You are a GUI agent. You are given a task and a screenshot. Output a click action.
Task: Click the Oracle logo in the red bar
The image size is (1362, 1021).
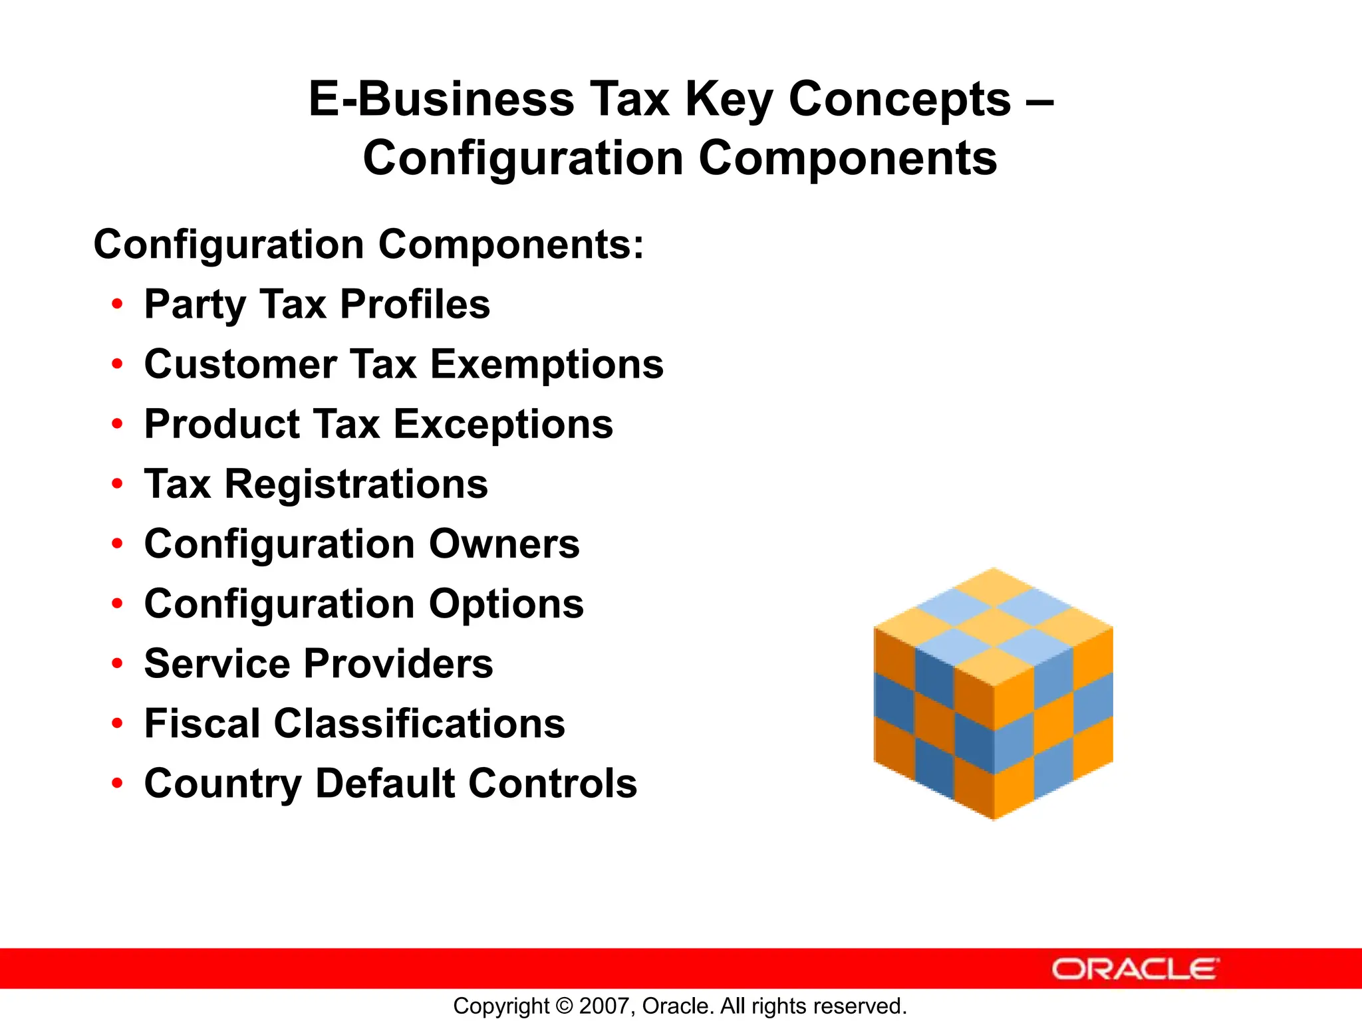[1135, 969]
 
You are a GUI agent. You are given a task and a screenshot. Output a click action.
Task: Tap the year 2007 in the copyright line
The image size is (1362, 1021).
[601, 1006]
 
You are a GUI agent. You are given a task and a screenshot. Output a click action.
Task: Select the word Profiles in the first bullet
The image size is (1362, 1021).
[415, 304]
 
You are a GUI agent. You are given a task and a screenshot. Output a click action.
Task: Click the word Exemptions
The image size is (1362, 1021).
[547, 365]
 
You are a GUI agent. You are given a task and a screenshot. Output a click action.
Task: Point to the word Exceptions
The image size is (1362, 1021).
[503, 425]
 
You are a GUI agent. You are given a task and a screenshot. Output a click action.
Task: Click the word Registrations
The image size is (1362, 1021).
[356, 484]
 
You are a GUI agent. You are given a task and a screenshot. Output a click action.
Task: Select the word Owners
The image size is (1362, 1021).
[504, 544]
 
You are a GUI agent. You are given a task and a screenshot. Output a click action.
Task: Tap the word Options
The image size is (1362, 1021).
[506, 604]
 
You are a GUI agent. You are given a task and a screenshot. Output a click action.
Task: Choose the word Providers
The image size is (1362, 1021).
[399, 664]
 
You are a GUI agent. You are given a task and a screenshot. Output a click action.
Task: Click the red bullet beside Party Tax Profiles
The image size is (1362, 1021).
[118, 304]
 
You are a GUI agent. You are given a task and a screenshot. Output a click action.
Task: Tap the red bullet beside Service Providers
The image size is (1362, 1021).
[118, 663]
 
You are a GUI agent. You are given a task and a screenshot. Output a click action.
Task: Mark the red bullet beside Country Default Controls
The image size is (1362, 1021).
[118, 783]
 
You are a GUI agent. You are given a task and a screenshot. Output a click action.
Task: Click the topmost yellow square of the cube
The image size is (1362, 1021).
[994, 586]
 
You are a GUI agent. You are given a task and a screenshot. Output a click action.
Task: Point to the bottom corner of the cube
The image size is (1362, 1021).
[994, 816]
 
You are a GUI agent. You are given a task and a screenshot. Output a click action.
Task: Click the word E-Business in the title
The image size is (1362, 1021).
[441, 100]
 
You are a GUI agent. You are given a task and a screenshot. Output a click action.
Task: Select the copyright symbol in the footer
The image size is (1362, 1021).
[564, 1006]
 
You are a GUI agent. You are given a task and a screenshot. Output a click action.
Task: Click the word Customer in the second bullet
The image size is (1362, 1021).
[241, 365]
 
